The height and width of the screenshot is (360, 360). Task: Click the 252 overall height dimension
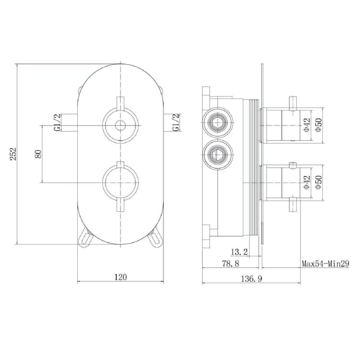(14, 153)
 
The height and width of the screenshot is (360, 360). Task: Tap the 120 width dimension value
(120, 276)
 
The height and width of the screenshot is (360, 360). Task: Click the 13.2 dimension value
(239, 252)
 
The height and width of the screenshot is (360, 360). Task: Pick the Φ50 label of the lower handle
(319, 182)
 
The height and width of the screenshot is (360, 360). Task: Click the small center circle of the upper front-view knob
(120, 126)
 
